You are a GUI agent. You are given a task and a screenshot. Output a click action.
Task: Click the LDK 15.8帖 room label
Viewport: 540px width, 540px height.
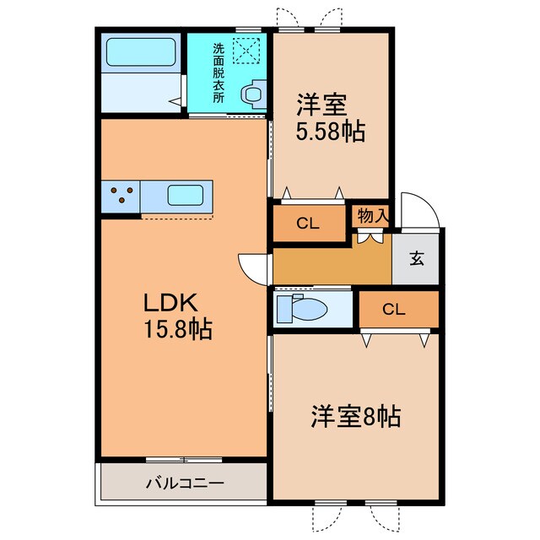coord(175,316)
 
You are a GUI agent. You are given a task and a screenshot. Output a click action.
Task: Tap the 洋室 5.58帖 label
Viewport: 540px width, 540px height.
coord(330,120)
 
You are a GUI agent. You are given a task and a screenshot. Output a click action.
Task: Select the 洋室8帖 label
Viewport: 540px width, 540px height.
coord(355,416)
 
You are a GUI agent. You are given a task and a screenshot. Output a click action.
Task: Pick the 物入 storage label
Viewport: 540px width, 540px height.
coord(372,215)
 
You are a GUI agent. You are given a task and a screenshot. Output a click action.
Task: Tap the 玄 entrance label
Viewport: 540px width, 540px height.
coord(417,259)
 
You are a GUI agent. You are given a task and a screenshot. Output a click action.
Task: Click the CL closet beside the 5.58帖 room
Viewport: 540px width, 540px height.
coord(309,224)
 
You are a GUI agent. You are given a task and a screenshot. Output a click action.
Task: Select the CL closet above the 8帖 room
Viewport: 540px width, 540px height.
coord(394,309)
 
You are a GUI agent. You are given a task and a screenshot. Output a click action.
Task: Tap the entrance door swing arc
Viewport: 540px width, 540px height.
coord(419,210)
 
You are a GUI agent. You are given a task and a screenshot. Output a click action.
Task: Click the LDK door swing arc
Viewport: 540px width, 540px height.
coord(252,269)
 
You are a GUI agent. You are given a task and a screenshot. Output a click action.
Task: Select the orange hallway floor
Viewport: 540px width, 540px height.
coord(329,265)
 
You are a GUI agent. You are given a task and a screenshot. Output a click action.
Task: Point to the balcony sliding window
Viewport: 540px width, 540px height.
coord(184,460)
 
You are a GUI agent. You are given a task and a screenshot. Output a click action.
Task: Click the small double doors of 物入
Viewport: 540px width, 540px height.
coord(368,237)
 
